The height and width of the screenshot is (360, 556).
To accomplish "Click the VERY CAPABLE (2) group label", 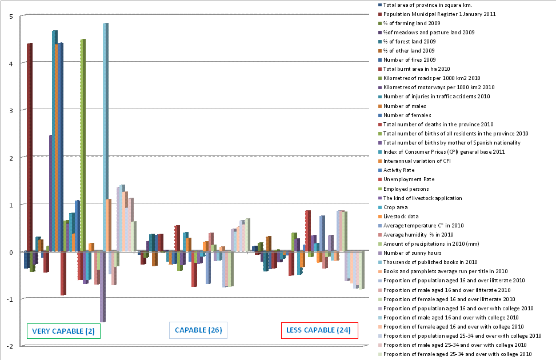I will click(x=63, y=331).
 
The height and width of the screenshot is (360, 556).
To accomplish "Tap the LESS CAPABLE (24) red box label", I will click(x=319, y=330).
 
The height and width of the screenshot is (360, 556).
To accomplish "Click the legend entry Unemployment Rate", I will click(x=409, y=179).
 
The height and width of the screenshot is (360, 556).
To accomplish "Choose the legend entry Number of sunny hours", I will click(x=413, y=253).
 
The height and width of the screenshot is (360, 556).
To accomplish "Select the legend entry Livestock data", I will click(x=404, y=216).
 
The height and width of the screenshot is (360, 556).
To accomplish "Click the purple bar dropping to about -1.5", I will click(x=102, y=286).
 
